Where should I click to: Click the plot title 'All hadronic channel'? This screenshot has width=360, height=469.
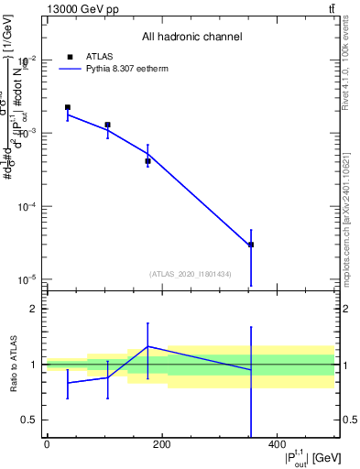coord(191,38)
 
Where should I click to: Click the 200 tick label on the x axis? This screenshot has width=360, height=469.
coord(161,444)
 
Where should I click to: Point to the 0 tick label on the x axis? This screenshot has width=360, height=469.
coord(47,444)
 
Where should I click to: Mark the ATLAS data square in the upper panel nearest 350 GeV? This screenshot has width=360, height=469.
coord(250,245)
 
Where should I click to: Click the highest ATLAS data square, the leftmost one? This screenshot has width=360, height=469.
coord(68,107)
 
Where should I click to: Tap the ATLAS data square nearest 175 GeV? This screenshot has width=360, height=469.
coord(147,161)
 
